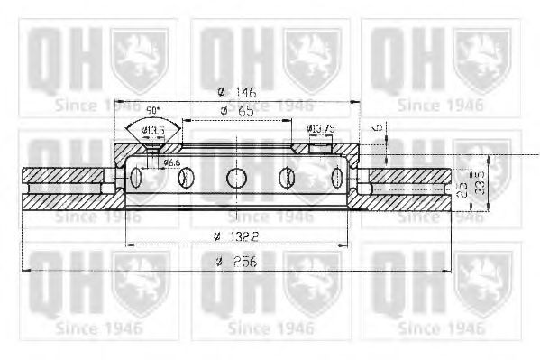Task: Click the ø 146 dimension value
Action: [236, 91]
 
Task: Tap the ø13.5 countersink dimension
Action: [154, 131]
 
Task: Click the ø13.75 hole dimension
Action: [321, 129]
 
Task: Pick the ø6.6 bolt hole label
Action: [170, 161]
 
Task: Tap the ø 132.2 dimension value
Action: [237, 235]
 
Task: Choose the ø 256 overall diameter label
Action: [236, 262]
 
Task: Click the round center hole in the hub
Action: [236, 177]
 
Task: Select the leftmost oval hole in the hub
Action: [136, 177]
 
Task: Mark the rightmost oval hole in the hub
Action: [337, 177]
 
